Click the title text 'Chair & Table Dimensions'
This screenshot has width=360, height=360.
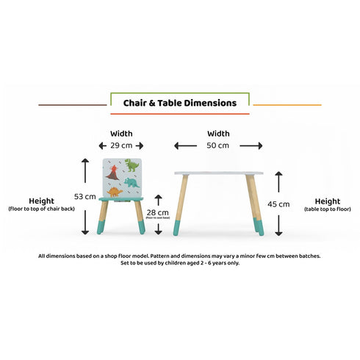point(179,104)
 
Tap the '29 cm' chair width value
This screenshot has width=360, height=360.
point(121,145)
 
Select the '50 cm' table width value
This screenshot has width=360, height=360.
point(217,145)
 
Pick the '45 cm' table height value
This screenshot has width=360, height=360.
point(278,204)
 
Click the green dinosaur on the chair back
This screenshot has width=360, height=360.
point(130,165)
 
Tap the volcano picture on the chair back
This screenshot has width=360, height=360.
point(113,173)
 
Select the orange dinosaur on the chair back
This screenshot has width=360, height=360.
point(115,192)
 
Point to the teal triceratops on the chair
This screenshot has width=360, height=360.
point(131,181)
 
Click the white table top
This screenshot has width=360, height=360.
point(219,173)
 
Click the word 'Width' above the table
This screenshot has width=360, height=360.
point(218,134)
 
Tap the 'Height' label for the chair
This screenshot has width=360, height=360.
point(41,201)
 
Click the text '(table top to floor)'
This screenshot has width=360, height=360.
point(327,209)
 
